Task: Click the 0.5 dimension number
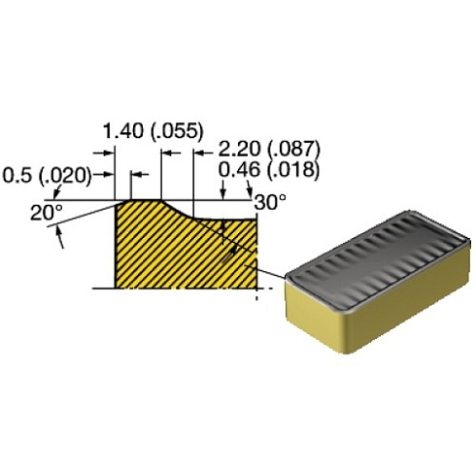click(x=18, y=176)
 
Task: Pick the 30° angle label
click(x=271, y=202)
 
